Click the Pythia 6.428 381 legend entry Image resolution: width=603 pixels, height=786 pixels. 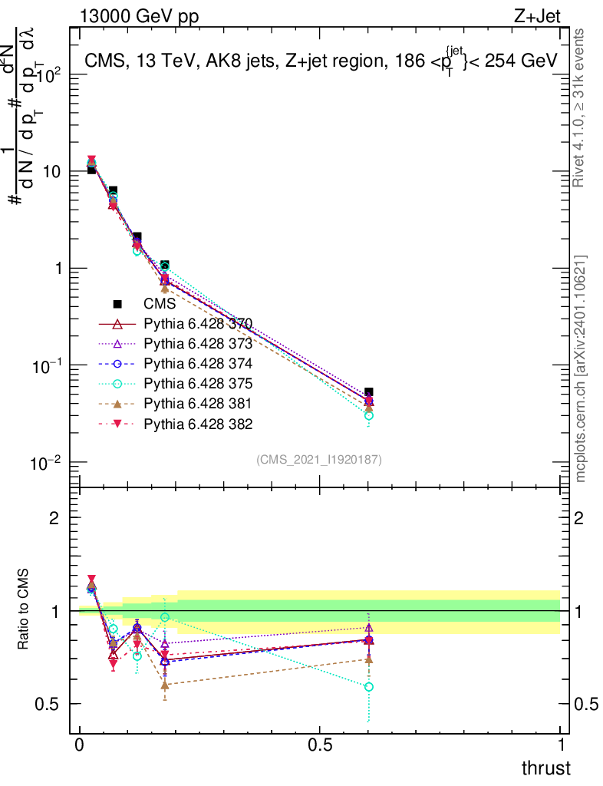point(198,404)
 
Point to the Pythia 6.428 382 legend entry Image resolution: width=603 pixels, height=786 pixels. point(198,424)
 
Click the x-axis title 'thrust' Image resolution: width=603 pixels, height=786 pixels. point(546,768)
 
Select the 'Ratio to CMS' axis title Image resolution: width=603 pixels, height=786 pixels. point(24,609)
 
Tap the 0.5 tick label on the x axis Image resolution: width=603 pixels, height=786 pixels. point(320,745)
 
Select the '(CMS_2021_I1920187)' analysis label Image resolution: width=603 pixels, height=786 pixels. point(319,459)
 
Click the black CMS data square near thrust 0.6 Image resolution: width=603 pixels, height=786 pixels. point(369,392)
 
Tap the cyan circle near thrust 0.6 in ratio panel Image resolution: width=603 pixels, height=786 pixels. point(369,687)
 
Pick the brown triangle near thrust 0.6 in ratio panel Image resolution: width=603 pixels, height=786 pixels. point(369,659)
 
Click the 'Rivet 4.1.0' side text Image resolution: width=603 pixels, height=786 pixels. point(581,107)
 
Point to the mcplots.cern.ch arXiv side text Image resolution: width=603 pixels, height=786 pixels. point(581,368)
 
